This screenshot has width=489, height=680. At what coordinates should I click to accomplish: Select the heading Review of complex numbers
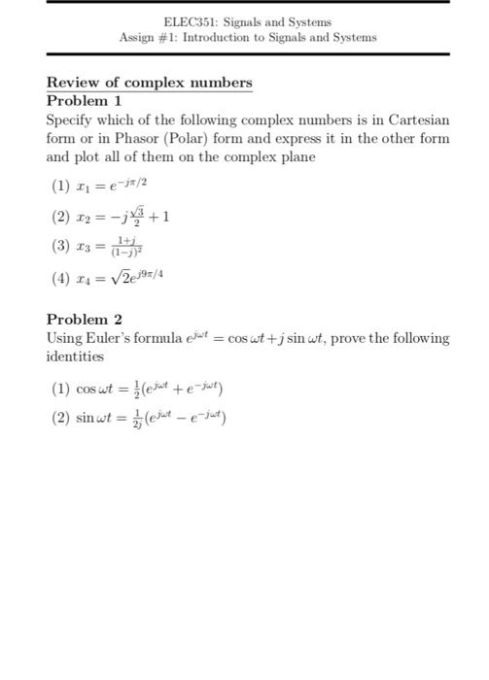click(149, 83)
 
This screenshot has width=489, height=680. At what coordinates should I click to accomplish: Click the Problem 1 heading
click(85, 100)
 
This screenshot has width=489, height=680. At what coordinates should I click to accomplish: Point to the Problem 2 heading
click(85, 319)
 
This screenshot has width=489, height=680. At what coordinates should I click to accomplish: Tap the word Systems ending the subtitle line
click(351, 38)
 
